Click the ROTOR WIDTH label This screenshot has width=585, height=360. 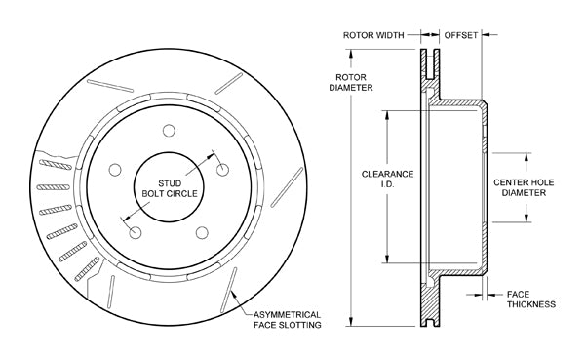pos(373,35)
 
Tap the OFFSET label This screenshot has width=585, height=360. pos(461,35)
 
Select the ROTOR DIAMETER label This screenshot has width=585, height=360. pos(351,83)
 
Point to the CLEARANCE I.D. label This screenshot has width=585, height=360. pos(387,179)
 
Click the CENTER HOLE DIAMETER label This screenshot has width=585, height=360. pos(524,187)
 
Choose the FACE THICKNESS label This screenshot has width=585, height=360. pos(531,300)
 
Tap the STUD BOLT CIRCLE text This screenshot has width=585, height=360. pos(170,188)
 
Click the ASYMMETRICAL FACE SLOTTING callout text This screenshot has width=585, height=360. pos(288,320)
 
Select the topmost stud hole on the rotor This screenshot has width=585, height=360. pos(169,131)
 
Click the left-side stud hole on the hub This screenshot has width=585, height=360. pos(115,170)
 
